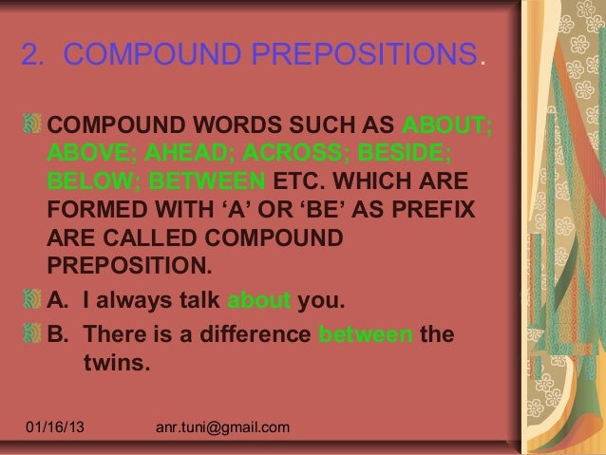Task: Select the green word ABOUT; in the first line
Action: coord(447,125)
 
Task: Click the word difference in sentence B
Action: coord(251,335)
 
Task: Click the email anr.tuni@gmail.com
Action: coord(221,431)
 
